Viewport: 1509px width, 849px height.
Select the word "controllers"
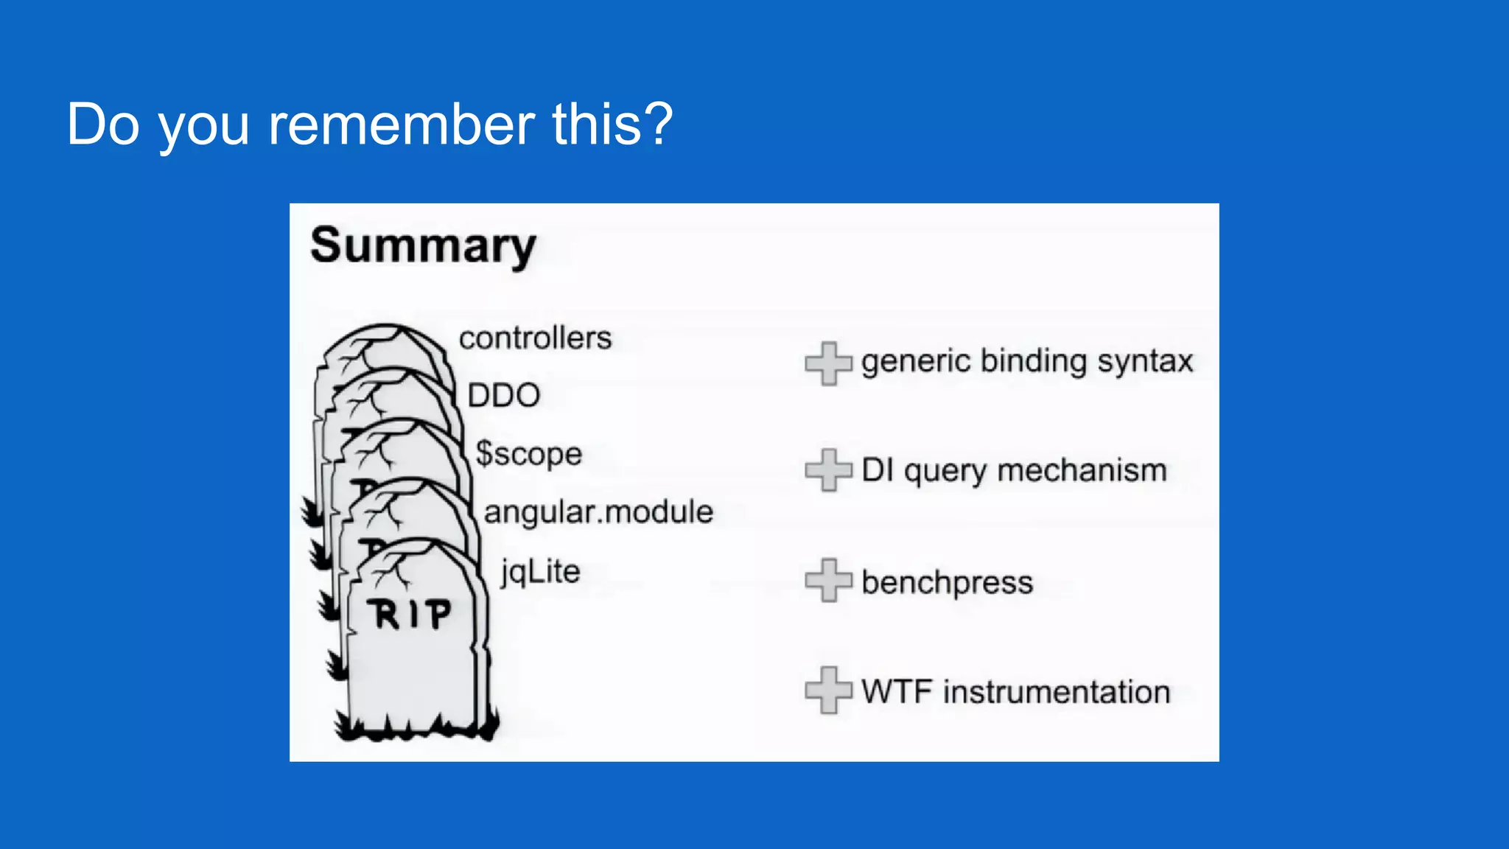[535, 338]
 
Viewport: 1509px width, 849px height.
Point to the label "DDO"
[504, 396]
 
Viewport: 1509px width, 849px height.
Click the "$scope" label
[528, 454]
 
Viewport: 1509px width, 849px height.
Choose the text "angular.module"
[598, 512]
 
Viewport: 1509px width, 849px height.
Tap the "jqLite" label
[541, 572]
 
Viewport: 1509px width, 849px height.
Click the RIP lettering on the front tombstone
[410, 614]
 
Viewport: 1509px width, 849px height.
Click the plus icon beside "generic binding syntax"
[828, 363]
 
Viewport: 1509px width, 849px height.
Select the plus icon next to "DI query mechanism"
[828, 470]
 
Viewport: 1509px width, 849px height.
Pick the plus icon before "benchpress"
[828, 580]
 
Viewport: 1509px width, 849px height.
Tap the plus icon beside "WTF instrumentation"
[828, 690]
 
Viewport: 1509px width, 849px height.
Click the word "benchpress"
[947, 582]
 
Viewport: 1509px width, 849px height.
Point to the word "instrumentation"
[1057, 692]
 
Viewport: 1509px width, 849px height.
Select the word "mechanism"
[1082, 470]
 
